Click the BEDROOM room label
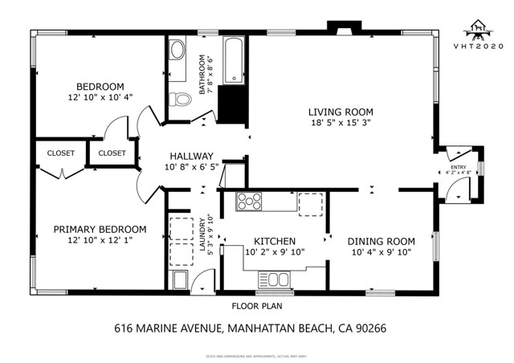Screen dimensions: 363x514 [x=100, y=87]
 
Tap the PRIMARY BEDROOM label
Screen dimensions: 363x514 [x=100, y=229]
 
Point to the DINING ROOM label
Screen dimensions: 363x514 [x=381, y=242]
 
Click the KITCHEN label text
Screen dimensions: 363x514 [x=275, y=242]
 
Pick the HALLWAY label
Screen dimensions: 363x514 [x=190, y=157]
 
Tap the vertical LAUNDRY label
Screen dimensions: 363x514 [x=202, y=233]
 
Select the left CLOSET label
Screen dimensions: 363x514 [x=60, y=153]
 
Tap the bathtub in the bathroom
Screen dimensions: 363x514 [x=232, y=59]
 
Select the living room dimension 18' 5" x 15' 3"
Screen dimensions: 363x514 [x=341, y=124]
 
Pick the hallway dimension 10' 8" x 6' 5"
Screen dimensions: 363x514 [x=190, y=168]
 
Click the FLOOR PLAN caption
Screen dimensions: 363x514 [x=256, y=306]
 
